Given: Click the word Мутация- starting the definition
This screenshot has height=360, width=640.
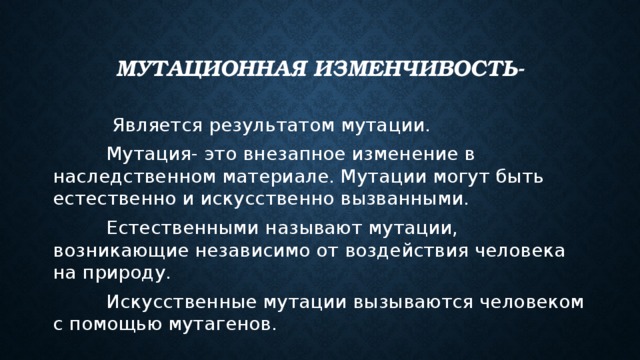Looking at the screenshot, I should pos(151,155).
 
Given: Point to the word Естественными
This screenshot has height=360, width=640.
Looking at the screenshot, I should pos(182,228).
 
